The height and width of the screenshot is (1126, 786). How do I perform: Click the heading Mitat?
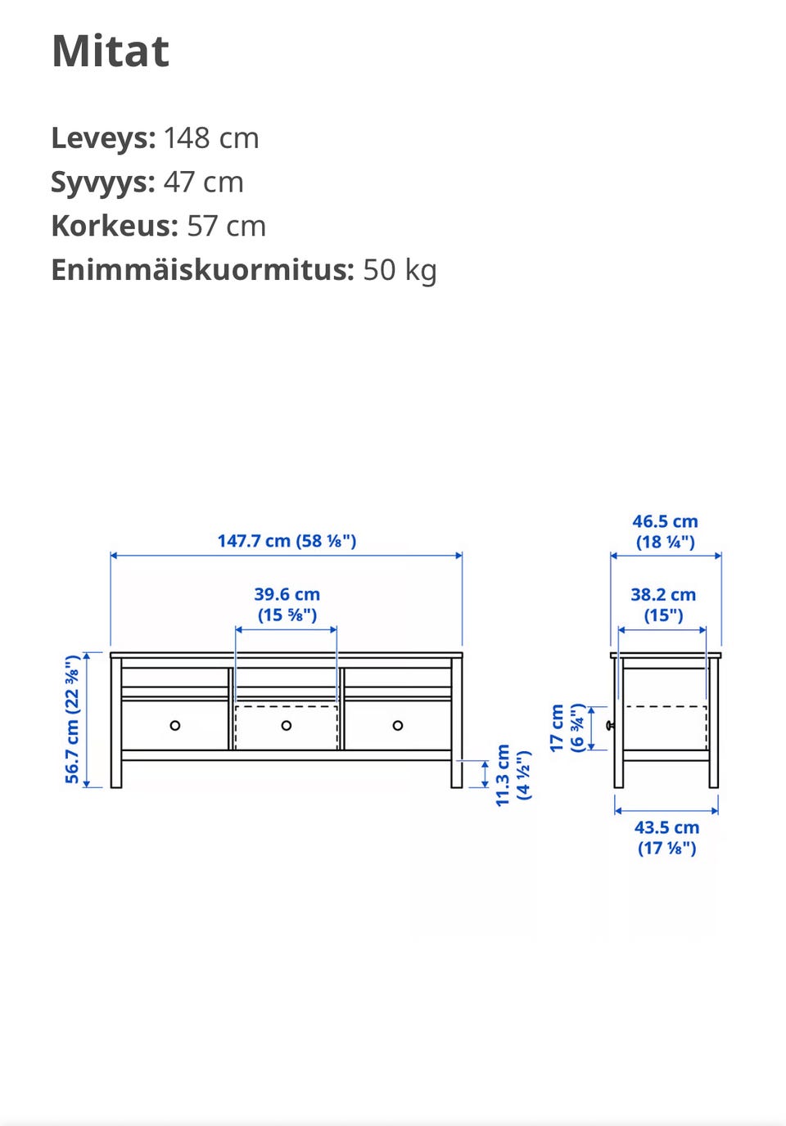coord(111,51)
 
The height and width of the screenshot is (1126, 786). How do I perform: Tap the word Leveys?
coord(103,137)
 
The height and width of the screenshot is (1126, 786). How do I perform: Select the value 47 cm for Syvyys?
coord(203,182)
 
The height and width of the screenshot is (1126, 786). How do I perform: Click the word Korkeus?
coord(115,226)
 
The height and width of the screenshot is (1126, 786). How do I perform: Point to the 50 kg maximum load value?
coord(400,270)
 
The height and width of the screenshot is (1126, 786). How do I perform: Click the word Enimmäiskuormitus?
coord(203,270)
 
